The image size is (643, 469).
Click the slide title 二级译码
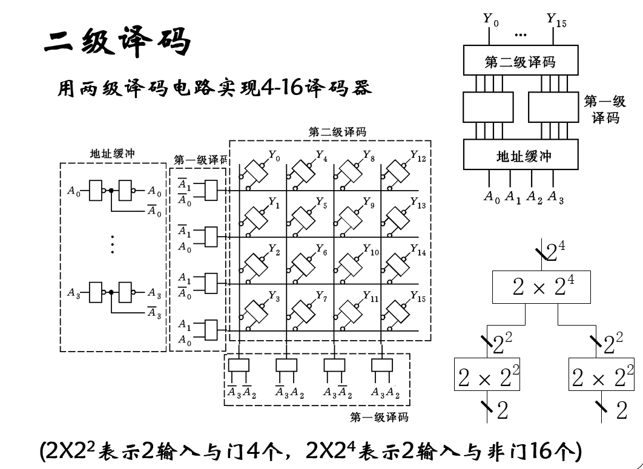point(117,42)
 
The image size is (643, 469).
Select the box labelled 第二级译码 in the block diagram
point(520,61)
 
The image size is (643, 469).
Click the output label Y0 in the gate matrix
point(274,158)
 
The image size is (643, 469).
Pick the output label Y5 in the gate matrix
point(321,205)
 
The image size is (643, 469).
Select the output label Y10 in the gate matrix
point(371,251)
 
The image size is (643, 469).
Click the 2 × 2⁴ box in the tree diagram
point(540,287)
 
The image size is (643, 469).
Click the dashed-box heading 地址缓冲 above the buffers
point(113,154)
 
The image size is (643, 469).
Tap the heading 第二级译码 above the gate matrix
point(337,131)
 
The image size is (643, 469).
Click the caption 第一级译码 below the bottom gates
point(379,417)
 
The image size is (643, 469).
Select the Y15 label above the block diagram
point(556,20)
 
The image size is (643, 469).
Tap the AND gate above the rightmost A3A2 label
point(382,366)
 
